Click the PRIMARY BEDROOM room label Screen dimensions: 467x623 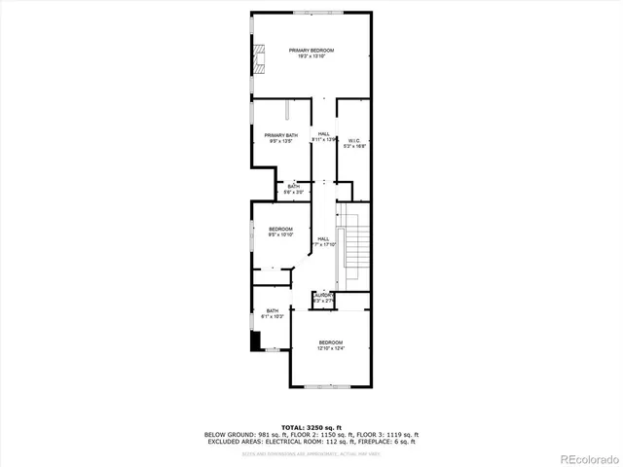(311, 53)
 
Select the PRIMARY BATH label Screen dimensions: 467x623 (280, 138)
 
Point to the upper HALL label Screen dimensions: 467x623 (324, 137)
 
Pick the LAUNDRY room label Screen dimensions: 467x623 (324, 298)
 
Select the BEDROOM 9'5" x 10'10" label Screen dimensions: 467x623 (280, 232)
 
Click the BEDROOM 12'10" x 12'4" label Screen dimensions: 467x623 (331, 344)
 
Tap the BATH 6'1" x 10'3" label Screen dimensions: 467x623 (273, 313)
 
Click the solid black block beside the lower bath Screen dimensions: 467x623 (256, 341)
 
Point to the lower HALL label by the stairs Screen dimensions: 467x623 (324, 241)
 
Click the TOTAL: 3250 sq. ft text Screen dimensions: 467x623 (311, 427)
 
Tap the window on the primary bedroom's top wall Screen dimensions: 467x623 (311, 12)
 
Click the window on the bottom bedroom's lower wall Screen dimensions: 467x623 (330, 387)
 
